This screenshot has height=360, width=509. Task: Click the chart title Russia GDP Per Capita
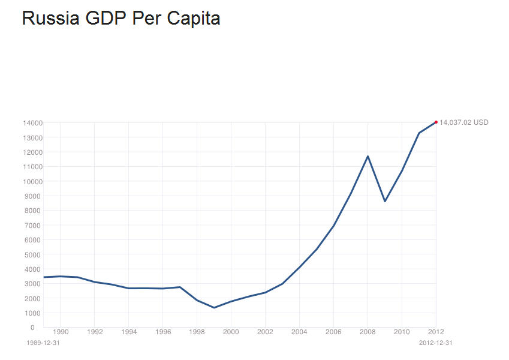coord(121,19)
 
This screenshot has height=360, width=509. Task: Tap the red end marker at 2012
coord(436,122)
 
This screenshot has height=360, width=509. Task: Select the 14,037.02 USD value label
coord(463,122)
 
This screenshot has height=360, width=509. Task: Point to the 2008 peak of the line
coord(368,156)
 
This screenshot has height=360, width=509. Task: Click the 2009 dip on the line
coord(385,201)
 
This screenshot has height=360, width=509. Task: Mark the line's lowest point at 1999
coord(214,308)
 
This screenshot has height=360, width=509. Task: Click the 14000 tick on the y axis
coord(32,123)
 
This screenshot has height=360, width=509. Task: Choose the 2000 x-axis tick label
coord(231,331)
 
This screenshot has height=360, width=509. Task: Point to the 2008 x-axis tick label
coord(368,331)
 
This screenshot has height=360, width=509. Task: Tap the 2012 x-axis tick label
coord(436,331)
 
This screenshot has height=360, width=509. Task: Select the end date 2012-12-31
coord(435,343)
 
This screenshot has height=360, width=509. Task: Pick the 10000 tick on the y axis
coord(32,181)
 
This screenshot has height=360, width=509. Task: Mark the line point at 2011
coord(419,133)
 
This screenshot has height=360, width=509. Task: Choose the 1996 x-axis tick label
coord(162,331)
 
